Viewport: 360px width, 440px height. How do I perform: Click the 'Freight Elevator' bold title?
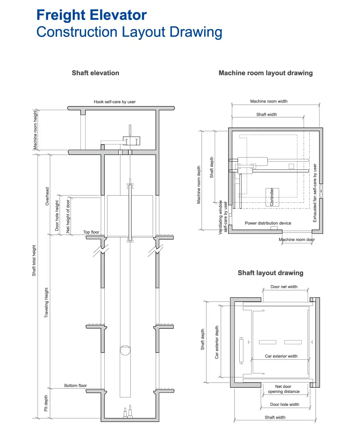pos(92,15)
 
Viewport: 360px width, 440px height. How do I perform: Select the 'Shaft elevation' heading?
pos(95,73)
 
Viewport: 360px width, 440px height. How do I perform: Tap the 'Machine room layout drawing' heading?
pos(265,73)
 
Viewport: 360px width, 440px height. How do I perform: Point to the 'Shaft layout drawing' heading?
pos(270,273)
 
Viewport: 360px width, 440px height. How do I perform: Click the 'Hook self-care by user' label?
pos(114,102)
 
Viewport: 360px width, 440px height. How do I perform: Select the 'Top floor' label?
pos(91,232)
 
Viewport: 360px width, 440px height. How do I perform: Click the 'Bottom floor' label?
pos(75,385)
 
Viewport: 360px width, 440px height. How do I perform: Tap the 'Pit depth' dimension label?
pos(46,403)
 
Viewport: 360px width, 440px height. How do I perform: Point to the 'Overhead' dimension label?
pos(47,196)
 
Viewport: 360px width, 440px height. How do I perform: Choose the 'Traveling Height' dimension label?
pos(46,302)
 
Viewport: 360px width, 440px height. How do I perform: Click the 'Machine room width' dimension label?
pos(268,101)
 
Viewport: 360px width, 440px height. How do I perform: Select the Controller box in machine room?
pos(272,197)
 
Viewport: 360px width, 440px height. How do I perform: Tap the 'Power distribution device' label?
pos(268,223)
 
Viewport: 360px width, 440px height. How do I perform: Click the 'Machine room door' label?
pos(297,240)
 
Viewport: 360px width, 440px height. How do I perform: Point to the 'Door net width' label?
pos(284,287)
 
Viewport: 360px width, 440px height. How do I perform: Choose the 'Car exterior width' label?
pos(281,356)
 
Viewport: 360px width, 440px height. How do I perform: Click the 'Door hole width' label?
pos(284,404)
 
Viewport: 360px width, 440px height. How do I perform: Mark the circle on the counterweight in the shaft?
pos(125,350)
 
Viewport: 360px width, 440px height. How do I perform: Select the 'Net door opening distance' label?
pos(283,389)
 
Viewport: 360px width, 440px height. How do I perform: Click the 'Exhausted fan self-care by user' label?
pos(315,193)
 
